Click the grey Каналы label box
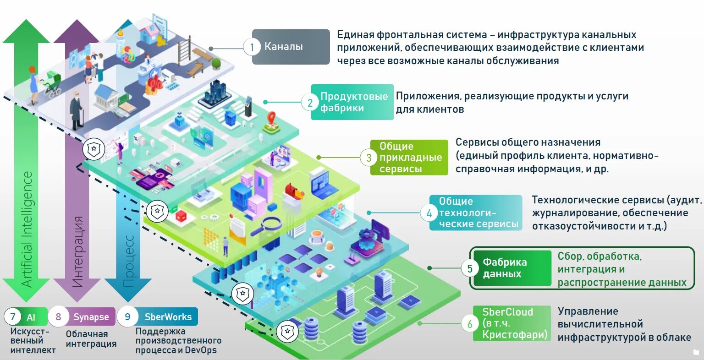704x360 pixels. click(291, 47)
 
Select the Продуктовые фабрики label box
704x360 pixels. click(352, 102)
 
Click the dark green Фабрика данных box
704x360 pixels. click(512, 268)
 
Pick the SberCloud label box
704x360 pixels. click(512, 324)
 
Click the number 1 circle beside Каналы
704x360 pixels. click(252, 47)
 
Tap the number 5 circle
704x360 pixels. click(470, 268)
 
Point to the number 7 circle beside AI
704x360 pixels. click(12, 317)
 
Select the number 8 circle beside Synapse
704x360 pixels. click(58, 317)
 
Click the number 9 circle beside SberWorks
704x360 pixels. click(127, 317)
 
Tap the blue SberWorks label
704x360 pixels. click(168, 317)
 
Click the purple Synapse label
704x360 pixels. click(91, 317)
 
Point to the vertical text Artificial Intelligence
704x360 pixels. click(27, 229)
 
